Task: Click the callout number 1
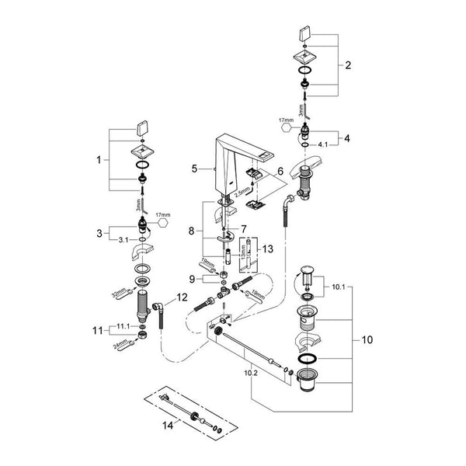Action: coord(99,160)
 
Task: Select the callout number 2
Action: coord(349,66)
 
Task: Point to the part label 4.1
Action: coord(322,144)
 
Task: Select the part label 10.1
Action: coord(340,288)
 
